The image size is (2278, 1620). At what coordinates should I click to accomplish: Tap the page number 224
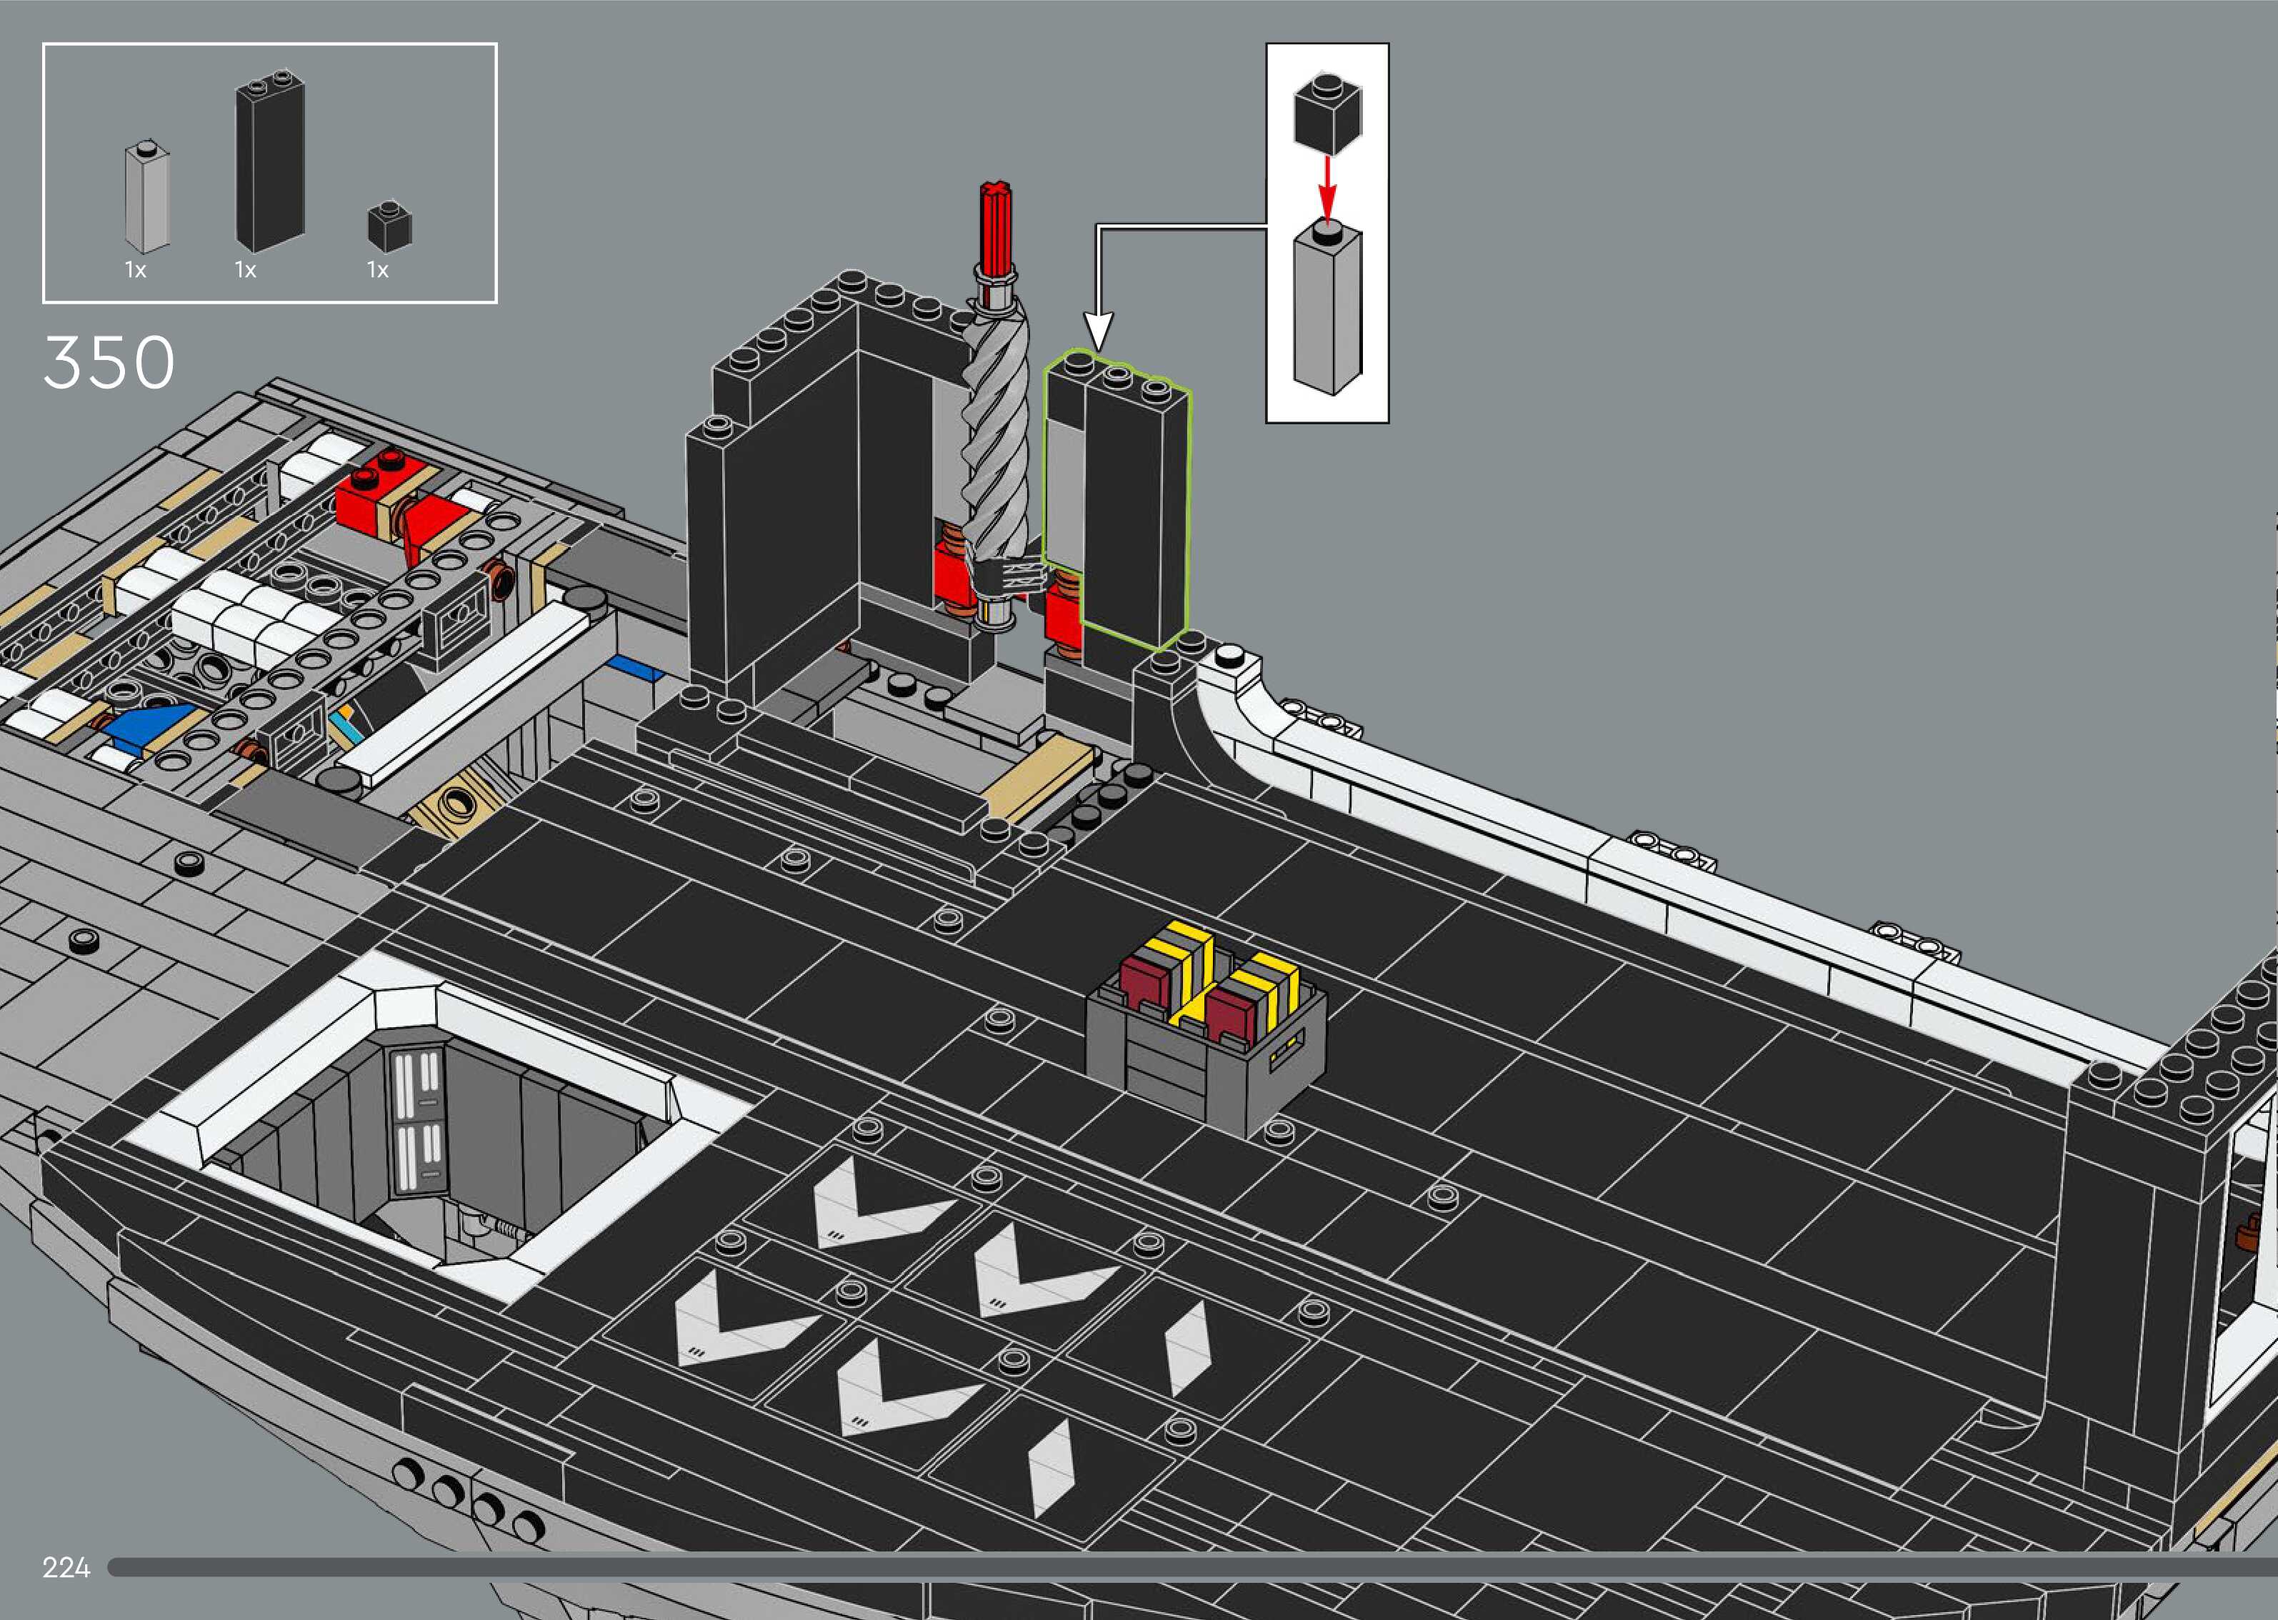66,1567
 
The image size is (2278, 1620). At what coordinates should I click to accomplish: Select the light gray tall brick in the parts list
146,198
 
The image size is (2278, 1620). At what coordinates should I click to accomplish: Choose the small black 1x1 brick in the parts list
389,227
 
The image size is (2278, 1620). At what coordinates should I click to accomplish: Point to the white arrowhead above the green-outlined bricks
1097,330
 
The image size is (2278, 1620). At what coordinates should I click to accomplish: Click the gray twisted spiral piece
994,439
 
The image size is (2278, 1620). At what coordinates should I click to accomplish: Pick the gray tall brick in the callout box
1327,309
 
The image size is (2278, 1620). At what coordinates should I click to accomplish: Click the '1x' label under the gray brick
136,270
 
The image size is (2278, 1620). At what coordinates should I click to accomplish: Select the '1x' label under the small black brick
377,270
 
